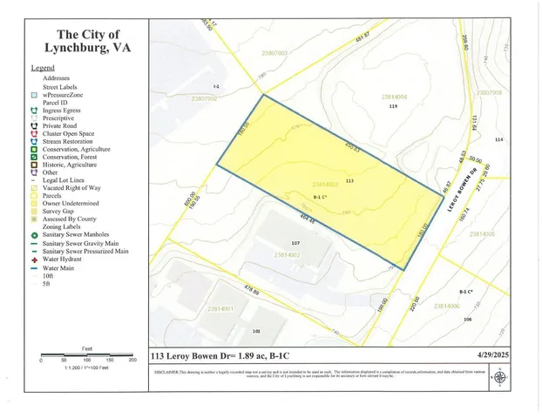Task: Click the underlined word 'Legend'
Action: point(43,67)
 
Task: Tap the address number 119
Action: point(393,106)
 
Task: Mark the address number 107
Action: point(295,243)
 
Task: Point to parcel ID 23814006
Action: point(446,306)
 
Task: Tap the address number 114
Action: point(499,139)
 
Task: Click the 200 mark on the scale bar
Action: point(132,360)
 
